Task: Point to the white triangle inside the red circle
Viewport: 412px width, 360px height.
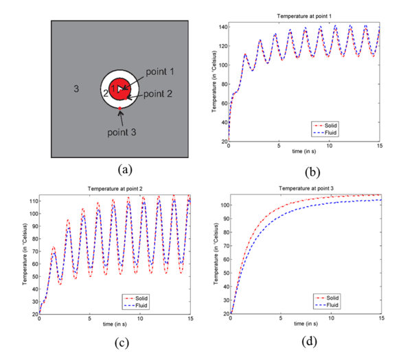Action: coord(121,89)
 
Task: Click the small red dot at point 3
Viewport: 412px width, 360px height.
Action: coord(120,109)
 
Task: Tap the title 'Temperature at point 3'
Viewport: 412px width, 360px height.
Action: coord(306,188)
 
